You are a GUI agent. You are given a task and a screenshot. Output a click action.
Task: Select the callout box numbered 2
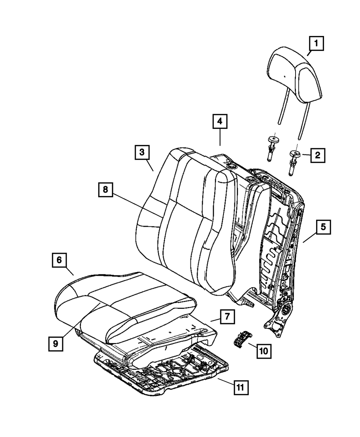tap(317, 156)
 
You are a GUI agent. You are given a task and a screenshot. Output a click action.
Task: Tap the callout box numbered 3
tap(142, 152)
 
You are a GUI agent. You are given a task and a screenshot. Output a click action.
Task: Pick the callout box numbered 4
tap(220, 122)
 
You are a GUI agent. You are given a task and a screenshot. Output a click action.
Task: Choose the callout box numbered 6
tap(59, 260)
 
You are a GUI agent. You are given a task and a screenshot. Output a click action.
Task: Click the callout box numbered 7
tap(227, 317)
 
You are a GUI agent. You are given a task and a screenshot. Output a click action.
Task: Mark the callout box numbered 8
tap(105, 190)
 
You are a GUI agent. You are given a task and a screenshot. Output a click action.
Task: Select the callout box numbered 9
tap(55, 343)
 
